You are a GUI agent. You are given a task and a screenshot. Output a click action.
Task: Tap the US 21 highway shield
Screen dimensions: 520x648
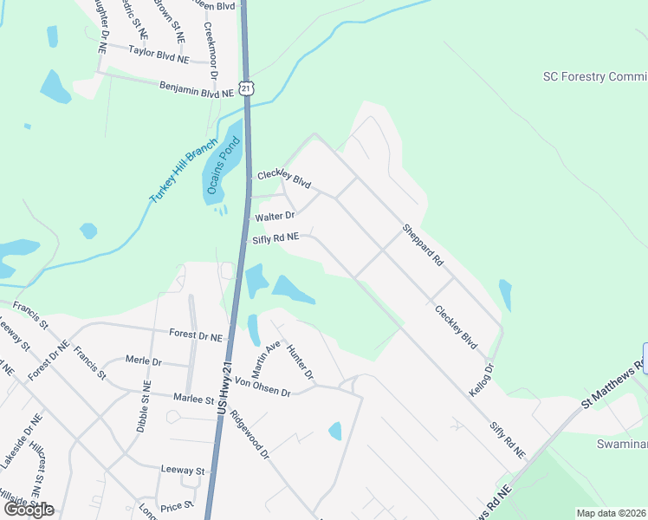[x=248, y=88]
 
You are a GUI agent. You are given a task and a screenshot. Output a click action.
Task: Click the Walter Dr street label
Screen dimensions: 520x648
[x=275, y=216]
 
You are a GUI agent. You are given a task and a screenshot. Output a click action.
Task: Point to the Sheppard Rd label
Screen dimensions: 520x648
[x=422, y=245]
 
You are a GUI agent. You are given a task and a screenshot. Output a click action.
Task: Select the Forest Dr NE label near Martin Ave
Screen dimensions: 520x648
[x=196, y=334]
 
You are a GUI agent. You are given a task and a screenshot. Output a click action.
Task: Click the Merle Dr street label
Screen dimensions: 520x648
[x=143, y=361]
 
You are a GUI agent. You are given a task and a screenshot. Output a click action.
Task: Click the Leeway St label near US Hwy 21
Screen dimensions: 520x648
[x=182, y=471]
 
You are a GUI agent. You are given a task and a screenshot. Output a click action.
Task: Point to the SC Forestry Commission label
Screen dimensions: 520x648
[x=594, y=77]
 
